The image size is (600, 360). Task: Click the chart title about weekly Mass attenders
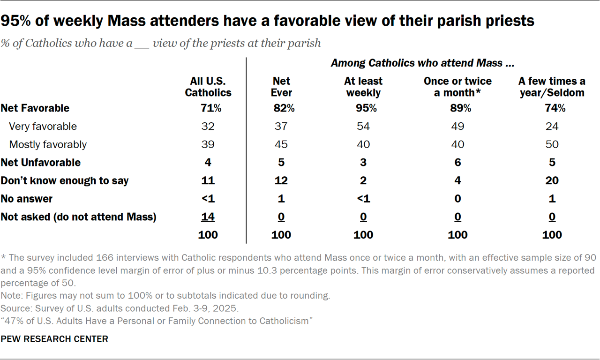click(267, 21)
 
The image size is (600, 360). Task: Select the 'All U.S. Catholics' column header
click(208, 87)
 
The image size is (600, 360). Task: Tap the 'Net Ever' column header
click(281, 87)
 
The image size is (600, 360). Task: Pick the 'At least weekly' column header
click(363, 87)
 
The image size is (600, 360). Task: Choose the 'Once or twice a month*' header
click(457, 87)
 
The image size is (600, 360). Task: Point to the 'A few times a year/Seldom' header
click(552, 87)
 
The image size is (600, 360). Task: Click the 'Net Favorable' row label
click(35, 108)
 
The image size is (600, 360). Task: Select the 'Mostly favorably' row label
click(47, 144)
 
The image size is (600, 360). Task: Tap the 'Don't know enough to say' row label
click(65, 180)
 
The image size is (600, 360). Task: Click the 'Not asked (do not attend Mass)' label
click(78, 217)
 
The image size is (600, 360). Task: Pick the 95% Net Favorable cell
click(363, 108)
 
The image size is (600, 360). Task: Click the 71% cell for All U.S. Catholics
click(208, 108)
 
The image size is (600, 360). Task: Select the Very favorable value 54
click(363, 127)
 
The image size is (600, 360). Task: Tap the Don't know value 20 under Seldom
click(552, 180)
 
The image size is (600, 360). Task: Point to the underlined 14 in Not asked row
click(208, 217)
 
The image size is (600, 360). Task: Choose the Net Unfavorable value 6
click(457, 163)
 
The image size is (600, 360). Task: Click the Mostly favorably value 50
click(552, 144)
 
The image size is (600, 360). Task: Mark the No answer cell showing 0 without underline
click(457, 199)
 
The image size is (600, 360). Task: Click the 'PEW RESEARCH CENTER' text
click(54, 339)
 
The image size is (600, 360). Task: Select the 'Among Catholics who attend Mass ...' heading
click(423, 63)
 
